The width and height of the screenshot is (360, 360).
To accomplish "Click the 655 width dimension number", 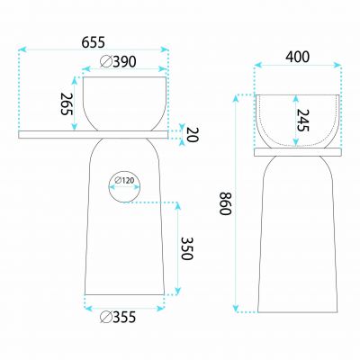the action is pyautogui.click(x=94, y=42).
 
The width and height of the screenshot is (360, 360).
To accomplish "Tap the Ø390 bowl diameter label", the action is pyautogui.click(x=118, y=62).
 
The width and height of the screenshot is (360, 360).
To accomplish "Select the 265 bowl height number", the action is pyautogui.click(x=67, y=104).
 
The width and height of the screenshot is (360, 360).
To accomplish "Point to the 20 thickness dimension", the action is pyautogui.click(x=193, y=135).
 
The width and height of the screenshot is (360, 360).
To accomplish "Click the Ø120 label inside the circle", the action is pyautogui.click(x=124, y=180).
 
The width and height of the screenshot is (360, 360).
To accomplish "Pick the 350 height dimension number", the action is pyautogui.click(x=187, y=248).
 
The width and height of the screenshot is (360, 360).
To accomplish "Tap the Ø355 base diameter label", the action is pyautogui.click(x=118, y=317).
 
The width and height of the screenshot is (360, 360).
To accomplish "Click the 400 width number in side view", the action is pyautogui.click(x=297, y=57).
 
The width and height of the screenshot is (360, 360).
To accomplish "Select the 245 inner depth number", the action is pyautogui.click(x=302, y=121).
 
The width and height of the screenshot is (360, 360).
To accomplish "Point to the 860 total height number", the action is pyautogui.click(x=225, y=203).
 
